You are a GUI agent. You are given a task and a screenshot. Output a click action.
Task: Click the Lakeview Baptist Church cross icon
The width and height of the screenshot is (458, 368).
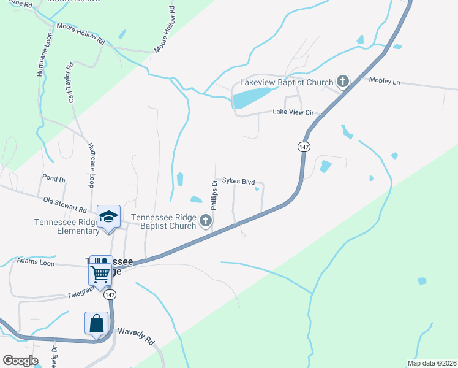[x=342, y=82]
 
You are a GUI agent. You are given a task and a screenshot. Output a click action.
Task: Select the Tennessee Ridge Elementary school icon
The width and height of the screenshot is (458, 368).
[x=108, y=217]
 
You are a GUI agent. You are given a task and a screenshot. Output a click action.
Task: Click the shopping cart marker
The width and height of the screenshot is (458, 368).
[x=100, y=272]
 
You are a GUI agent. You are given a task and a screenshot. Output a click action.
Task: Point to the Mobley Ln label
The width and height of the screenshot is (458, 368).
[x=384, y=81]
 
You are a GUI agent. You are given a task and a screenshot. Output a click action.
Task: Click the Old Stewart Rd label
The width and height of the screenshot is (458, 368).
[x=65, y=204]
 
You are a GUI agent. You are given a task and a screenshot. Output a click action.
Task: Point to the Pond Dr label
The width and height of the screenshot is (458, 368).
[x=54, y=179]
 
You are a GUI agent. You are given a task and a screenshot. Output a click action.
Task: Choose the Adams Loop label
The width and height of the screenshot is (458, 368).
[x=36, y=260]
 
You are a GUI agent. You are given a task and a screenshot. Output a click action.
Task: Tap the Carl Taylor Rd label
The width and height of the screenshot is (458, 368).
[x=71, y=82]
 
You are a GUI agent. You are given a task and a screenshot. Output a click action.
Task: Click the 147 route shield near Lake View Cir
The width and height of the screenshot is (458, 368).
[x=304, y=147]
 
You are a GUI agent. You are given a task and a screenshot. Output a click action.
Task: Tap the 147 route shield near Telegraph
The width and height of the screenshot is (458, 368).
[x=110, y=295]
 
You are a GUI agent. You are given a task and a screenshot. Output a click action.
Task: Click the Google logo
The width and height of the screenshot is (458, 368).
[x=20, y=360]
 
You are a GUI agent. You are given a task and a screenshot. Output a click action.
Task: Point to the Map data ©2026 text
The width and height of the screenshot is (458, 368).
[x=432, y=363]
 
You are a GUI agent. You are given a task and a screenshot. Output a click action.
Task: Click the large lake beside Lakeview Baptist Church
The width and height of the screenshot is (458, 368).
[x=250, y=97]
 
